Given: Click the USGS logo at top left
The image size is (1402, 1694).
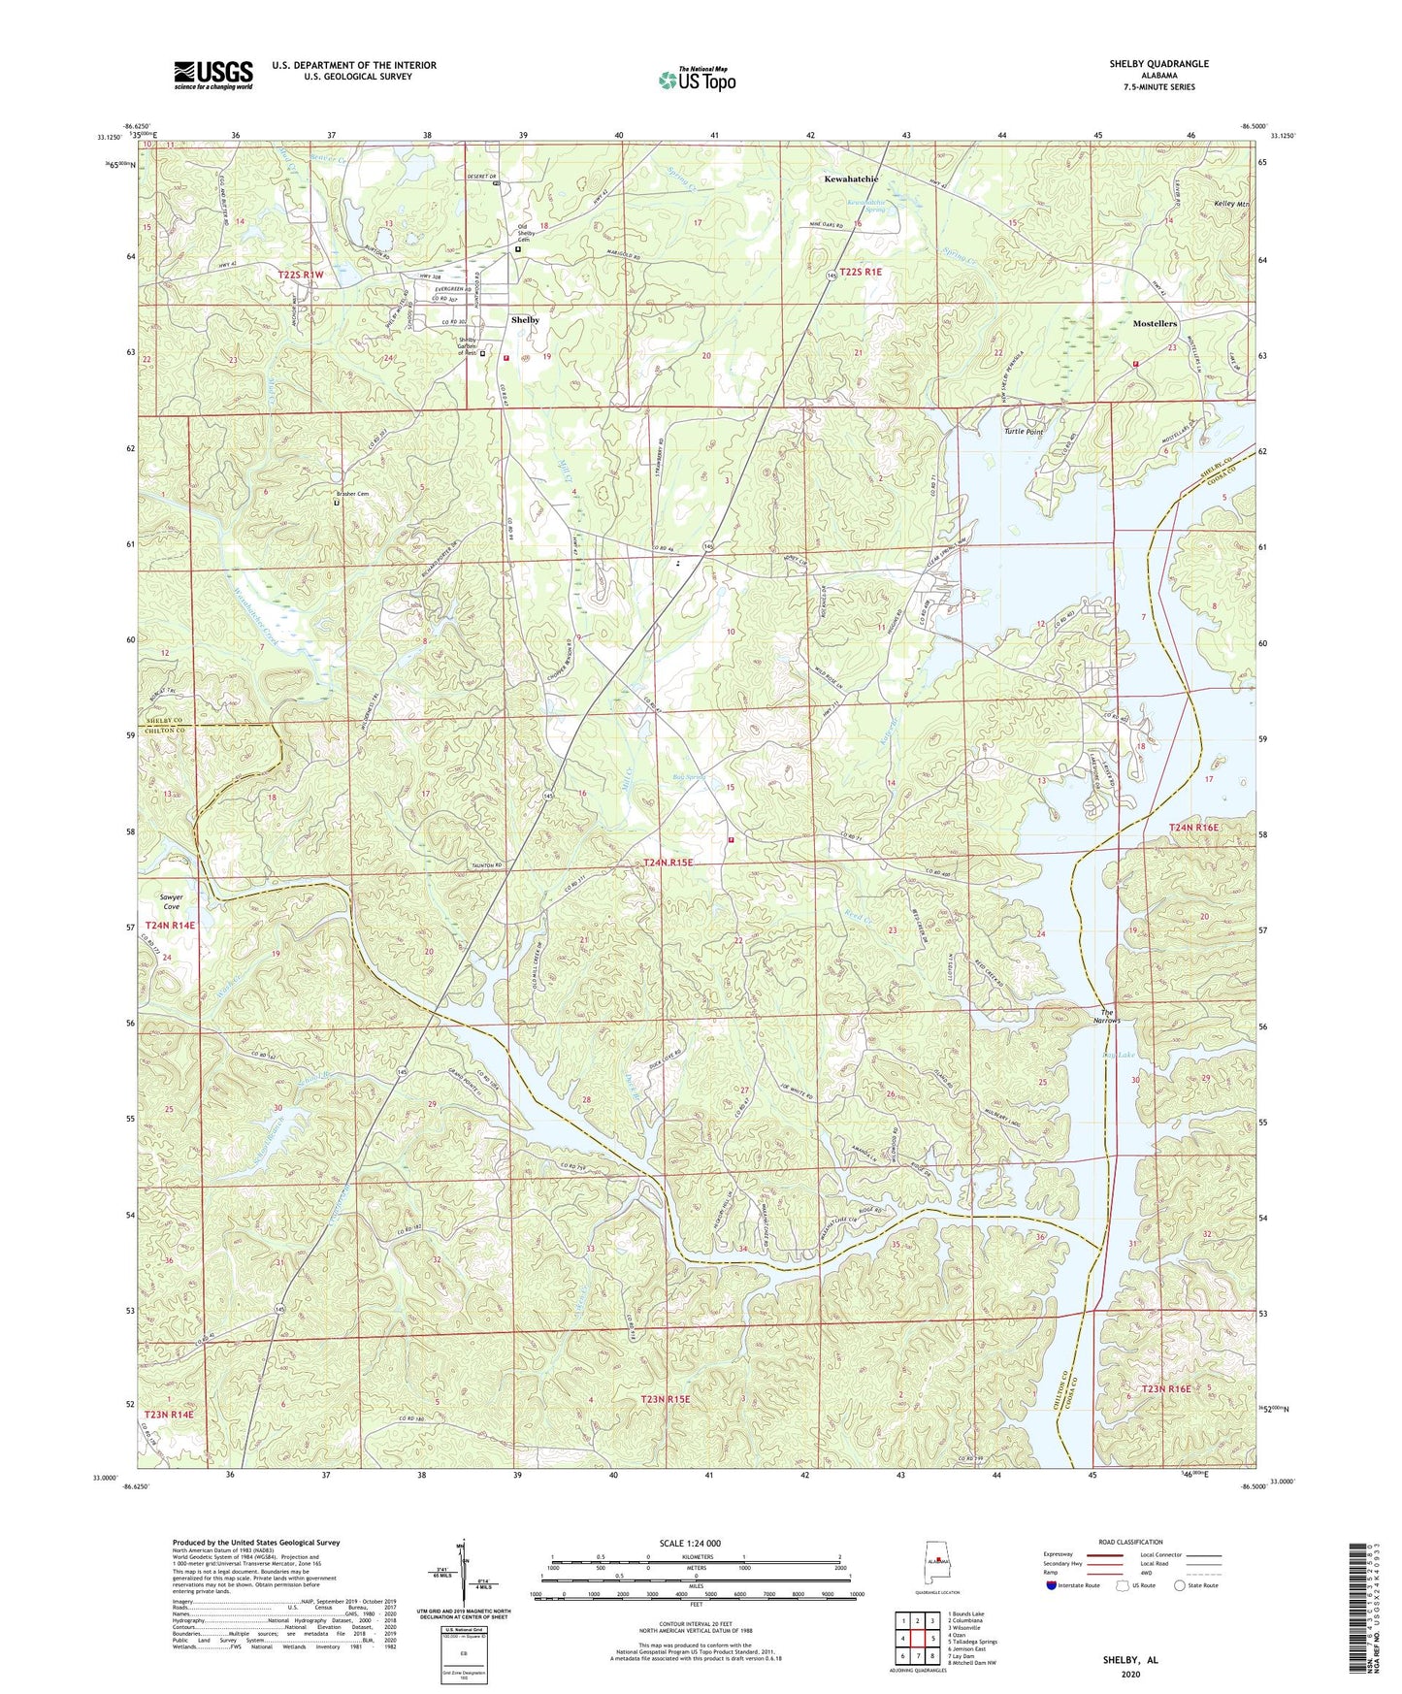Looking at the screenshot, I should click(x=213, y=74).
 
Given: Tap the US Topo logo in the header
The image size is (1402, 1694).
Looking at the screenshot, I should click(x=697, y=80).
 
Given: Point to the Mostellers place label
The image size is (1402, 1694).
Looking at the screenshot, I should click(x=1154, y=323).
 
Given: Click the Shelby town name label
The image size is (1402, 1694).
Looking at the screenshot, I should click(x=525, y=319).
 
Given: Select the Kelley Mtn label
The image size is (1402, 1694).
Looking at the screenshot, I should click(x=1231, y=205).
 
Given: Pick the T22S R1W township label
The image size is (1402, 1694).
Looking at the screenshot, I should click(x=300, y=276).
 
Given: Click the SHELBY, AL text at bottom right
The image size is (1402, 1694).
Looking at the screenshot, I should click(x=1129, y=1660).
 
